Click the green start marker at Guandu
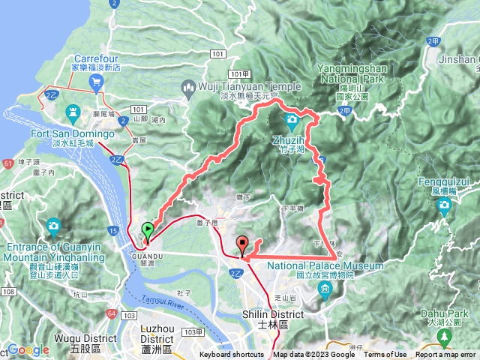(148, 230)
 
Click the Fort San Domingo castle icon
(73, 115)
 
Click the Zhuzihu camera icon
(292, 120)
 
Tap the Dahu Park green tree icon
(447, 334)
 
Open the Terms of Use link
(385, 355)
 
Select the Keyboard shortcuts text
(231, 355)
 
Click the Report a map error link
(446, 355)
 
